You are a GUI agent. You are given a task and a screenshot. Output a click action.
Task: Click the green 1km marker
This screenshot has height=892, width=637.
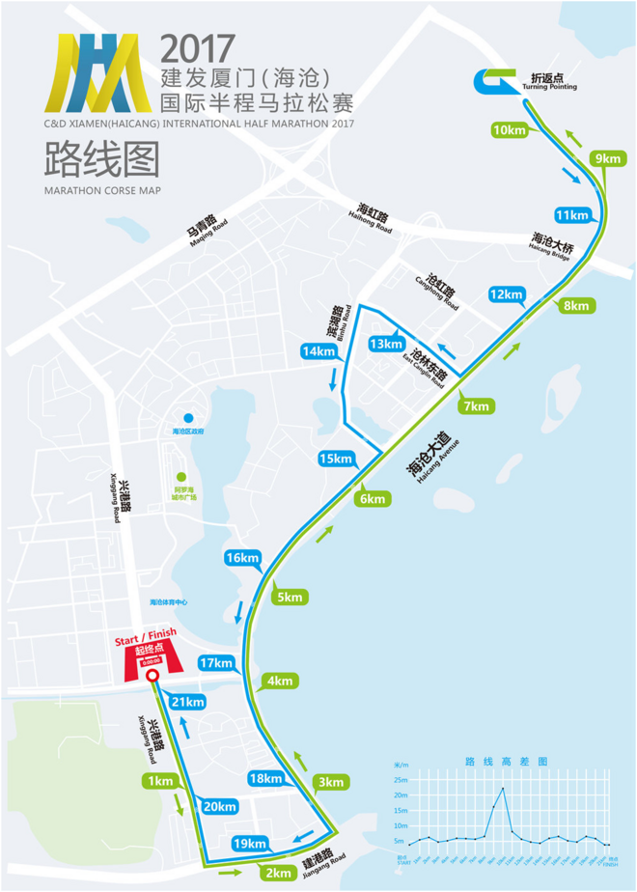tap(159, 780)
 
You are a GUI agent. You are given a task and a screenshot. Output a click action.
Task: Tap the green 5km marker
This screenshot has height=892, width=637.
tap(290, 598)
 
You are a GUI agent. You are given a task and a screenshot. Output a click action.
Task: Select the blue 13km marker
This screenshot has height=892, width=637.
tap(384, 344)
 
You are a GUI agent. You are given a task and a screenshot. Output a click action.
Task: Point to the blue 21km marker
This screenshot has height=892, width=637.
tap(188, 701)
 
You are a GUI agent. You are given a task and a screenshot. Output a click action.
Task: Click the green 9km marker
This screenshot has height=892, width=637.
tap(608, 158)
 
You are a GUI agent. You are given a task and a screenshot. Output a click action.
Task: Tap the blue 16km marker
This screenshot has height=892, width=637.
tap(241, 558)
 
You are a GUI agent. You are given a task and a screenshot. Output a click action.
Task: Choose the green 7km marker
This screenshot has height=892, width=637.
tap(477, 406)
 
